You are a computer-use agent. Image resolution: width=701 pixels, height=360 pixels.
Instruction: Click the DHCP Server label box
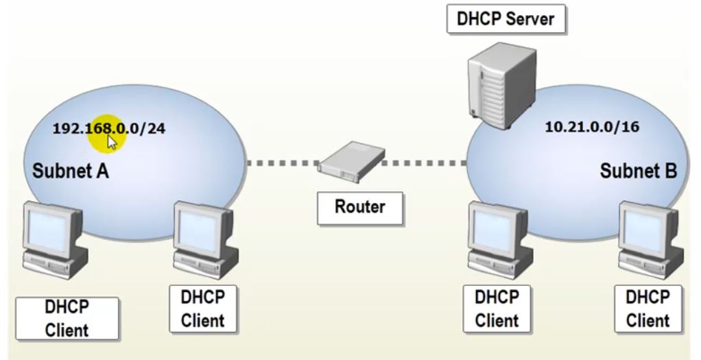point(506,19)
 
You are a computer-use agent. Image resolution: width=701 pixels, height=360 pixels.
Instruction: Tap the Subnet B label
point(638,171)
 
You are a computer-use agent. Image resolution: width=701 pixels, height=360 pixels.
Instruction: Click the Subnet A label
point(71,171)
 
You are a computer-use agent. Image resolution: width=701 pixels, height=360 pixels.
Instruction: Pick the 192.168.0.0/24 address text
point(109,128)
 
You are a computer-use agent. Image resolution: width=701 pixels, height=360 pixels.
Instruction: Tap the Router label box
point(360,206)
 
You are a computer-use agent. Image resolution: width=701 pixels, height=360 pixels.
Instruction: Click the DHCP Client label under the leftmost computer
point(67,319)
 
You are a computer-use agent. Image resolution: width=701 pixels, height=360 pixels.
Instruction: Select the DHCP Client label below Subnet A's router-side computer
point(202,309)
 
